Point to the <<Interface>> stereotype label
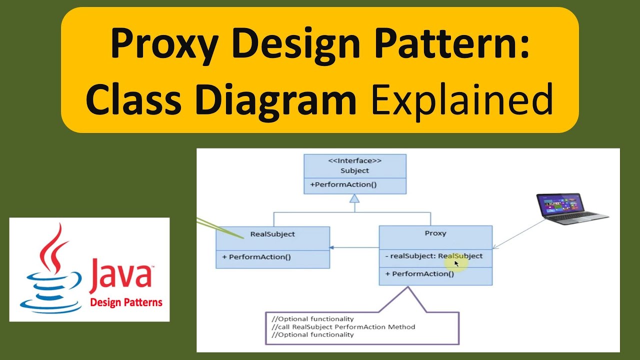click(355, 161)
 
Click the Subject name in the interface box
click(354, 171)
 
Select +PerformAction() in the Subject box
click(343, 185)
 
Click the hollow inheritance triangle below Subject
click(354, 198)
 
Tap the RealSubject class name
click(272, 234)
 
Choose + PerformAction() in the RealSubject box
click(256, 257)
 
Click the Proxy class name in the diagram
click(435, 233)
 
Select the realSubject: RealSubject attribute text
click(434, 256)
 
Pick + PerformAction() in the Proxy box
click(419, 274)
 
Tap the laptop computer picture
click(571, 208)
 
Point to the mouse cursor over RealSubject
click(456, 263)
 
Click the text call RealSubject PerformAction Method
click(343, 327)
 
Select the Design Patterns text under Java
click(126, 302)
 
